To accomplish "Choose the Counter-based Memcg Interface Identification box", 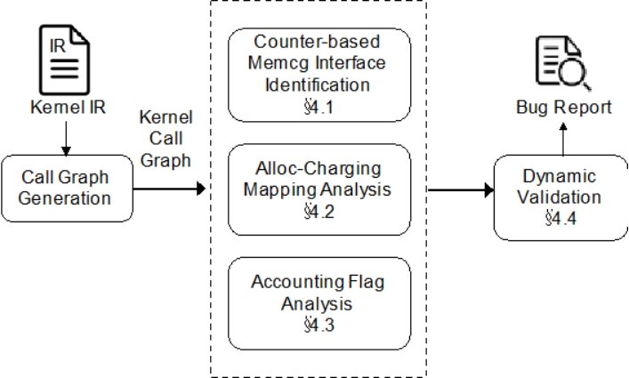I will tap(319, 75).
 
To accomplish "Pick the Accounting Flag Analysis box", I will tap(319, 303).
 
